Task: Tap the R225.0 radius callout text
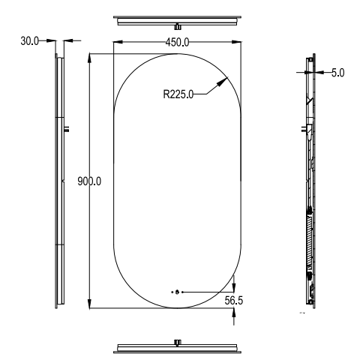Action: click(x=178, y=94)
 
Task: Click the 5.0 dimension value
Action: click(x=337, y=73)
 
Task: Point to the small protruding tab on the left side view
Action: click(x=67, y=128)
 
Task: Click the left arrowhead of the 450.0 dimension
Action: click(x=118, y=42)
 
